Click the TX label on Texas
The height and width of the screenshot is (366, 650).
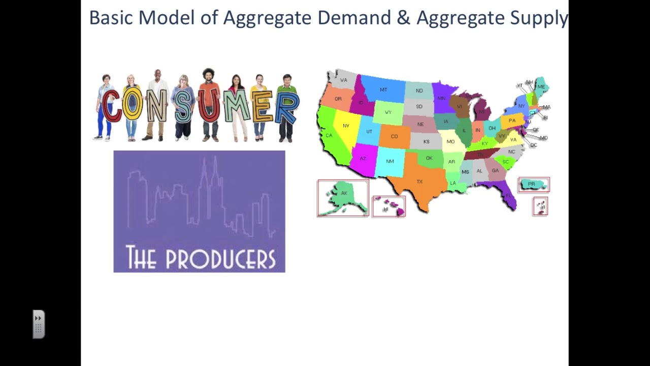[x=419, y=181]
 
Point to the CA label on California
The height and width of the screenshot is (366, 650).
[x=329, y=135]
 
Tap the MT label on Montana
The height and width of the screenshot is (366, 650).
[x=383, y=90]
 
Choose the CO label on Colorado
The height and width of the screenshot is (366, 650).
[x=394, y=136]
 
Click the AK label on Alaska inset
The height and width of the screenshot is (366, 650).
[x=344, y=193]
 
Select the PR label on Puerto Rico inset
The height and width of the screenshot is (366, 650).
[x=531, y=184]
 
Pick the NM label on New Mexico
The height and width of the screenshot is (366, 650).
[x=389, y=161]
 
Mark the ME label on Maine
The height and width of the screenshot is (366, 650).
[x=541, y=87]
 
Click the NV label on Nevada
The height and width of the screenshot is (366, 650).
[x=346, y=126]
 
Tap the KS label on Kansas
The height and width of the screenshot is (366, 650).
[x=426, y=141]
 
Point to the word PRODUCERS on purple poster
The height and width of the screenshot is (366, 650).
[x=220, y=258]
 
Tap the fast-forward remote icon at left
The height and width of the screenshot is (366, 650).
[x=39, y=324]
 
